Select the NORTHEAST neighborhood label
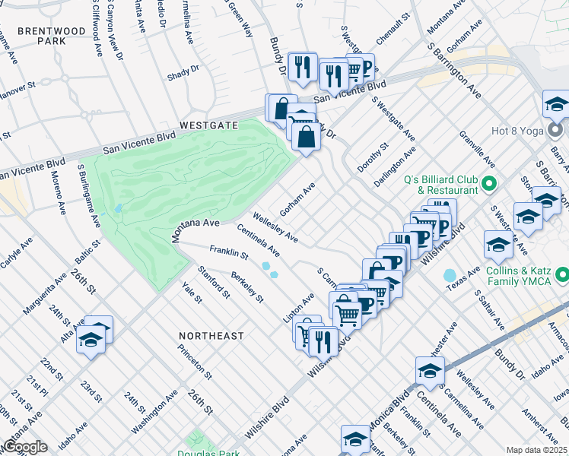click(x=211, y=335)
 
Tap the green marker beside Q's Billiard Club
click(x=490, y=183)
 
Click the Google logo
click(x=24, y=447)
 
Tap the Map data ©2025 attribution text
click(x=537, y=450)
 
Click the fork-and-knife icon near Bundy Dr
click(x=303, y=67)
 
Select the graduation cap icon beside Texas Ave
click(x=498, y=245)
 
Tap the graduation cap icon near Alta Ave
click(x=91, y=340)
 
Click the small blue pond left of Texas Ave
click(x=449, y=274)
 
